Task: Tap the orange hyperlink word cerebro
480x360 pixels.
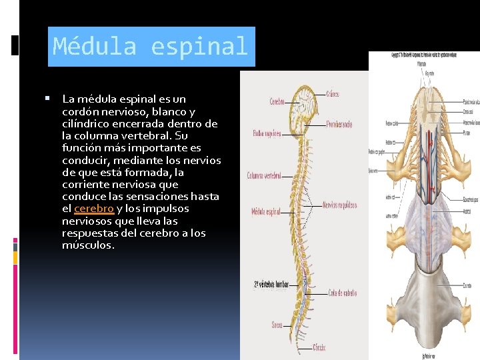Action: pyautogui.click(x=93, y=209)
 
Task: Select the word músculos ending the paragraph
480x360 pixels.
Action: pyautogui.click(x=88, y=245)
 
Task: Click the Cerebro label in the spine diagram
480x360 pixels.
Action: pyautogui.click(x=277, y=102)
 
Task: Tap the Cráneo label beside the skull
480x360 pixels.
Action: pyautogui.click(x=332, y=95)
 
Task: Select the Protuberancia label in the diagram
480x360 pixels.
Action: pyautogui.click(x=339, y=125)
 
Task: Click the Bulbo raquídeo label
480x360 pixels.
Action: pyautogui.click(x=267, y=133)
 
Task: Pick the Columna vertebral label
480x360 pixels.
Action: pyautogui.click(x=264, y=176)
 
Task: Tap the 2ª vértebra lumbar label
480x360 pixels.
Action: pyautogui.click(x=271, y=285)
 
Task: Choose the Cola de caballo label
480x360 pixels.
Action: pyautogui.click(x=343, y=293)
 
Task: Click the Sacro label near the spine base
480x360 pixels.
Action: pyautogui.click(x=277, y=325)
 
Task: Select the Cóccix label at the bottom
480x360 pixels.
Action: pyautogui.click(x=319, y=347)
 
